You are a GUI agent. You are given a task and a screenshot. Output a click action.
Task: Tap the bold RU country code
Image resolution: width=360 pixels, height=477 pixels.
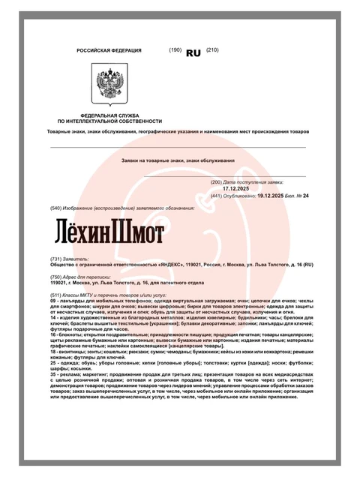click(193, 52)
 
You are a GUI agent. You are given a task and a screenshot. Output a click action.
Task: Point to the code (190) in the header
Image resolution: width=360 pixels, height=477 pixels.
click(175, 50)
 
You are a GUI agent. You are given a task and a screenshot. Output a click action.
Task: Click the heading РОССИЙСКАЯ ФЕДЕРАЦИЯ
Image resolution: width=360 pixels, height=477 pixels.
click(109, 50)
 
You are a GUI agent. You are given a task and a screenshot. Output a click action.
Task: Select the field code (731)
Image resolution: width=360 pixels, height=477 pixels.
click(56, 258)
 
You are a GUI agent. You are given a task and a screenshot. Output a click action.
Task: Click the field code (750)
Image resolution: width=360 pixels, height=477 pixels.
click(56, 277)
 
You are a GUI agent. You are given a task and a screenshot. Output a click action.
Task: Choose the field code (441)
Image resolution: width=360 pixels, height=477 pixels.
click(217, 196)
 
